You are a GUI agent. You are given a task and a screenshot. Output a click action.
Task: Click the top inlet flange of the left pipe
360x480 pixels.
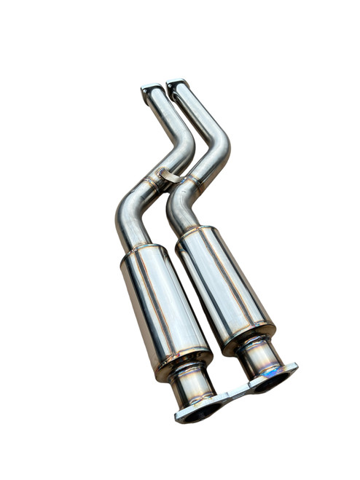click(x=152, y=90)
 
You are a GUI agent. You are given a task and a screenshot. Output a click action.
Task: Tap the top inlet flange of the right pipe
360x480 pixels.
click(x=177, y=86)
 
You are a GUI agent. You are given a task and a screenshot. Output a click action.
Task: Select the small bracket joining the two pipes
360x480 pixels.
click(x=170, y=176)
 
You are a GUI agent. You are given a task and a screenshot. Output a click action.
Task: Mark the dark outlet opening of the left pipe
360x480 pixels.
click(x=198, y=413)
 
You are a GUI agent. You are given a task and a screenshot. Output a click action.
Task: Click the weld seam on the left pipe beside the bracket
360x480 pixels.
click(x=154, y=182)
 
